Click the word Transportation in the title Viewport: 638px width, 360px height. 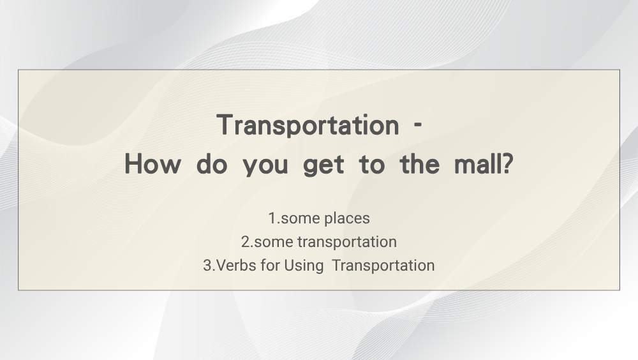[308, 125]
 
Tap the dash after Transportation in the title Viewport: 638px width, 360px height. [417, 126]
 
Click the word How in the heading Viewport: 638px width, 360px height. [152, 164]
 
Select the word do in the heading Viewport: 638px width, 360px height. [212, 164]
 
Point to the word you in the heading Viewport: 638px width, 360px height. [265, 167]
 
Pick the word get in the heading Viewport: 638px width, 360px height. [324, 166]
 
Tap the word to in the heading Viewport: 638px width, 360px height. [372, 165]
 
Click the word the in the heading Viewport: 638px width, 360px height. [420, 164]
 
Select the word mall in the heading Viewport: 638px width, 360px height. [478, 164]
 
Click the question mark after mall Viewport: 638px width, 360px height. [508, 164]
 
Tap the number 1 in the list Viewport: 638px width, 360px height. [272, 218]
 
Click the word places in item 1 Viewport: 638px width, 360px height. [347, 219]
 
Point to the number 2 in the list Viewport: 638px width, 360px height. [246, 242]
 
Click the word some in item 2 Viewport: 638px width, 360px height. [273, 243]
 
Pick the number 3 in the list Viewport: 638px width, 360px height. [207, 266]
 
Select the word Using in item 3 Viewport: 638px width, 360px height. [304, 266]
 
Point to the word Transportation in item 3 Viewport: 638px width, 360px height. [383, 266]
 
